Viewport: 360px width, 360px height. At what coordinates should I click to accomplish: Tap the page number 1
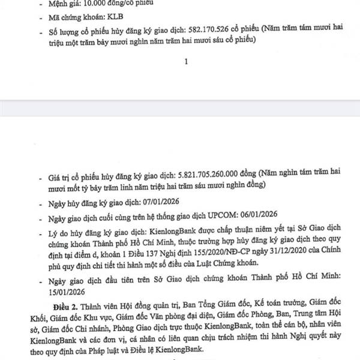click(x=186, y=61)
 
